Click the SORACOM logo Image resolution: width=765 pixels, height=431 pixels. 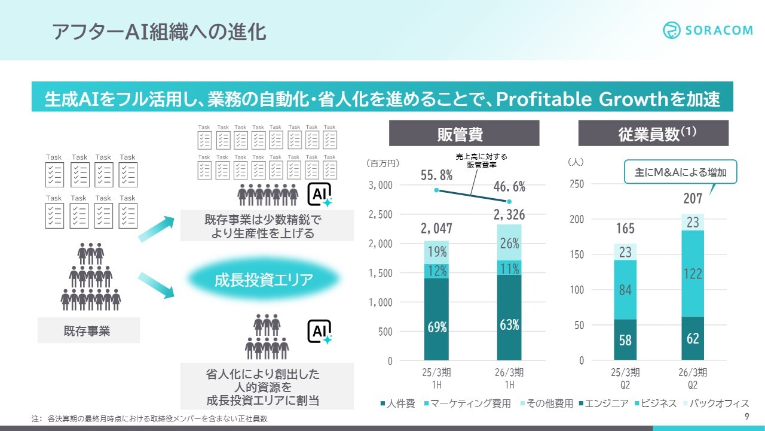pos(708,30)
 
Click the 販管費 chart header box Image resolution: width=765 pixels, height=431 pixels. pos(464,133)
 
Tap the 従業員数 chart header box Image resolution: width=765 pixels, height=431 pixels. pos(653,133)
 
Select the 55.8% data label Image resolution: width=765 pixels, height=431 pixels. pos(436,175)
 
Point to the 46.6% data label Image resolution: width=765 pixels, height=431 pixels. pos(509,186)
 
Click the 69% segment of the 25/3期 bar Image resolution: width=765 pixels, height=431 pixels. pos(437,326)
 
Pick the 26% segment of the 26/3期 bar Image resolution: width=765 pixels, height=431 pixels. pos(509,243)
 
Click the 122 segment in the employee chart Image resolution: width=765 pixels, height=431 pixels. pos(692,274)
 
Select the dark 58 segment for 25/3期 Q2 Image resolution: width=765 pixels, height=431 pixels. pos(625,340)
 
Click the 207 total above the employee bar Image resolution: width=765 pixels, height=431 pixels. pos(692,198)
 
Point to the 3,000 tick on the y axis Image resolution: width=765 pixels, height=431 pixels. pos(381,186)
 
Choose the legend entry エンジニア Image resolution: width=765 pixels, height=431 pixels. pos(603,403)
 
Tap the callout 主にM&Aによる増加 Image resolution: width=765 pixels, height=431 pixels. pos(681,172)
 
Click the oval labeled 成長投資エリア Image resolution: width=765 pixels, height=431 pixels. pos(264,280)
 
